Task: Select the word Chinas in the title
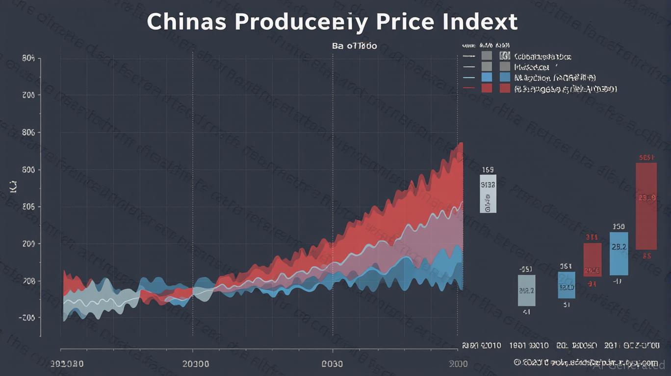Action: [x=187, y=23]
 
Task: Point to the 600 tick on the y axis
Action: [x=28, y=170]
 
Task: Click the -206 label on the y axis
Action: [x=27, y=318]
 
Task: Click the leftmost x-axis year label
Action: [x=67, y=364]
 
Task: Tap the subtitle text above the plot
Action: [x=355, y=47]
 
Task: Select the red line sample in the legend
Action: [x=469, y=88]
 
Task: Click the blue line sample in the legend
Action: [x=469, y=77]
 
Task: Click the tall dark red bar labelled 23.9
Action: [x=646, y=206]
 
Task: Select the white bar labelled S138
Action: [x=488, y=193]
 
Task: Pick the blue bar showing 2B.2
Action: [x=619, y=253]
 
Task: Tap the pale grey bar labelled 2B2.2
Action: [x=527, y=290]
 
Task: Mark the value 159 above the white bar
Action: [x=488, y=170]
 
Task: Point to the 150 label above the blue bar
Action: [x=619, y=227]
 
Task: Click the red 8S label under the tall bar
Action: [x=646, y=256]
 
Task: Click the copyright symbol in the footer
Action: [x=517, y=362]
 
